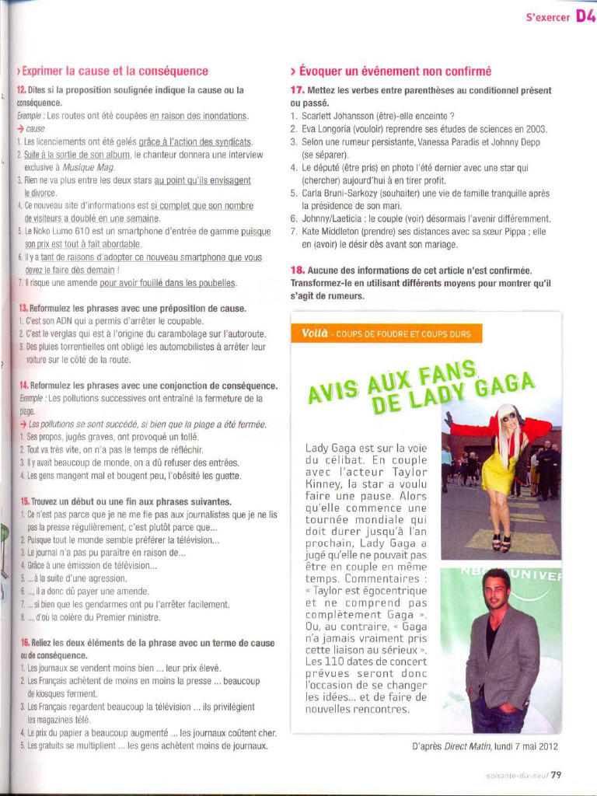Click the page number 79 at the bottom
(557, 773)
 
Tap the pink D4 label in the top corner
(585, 16)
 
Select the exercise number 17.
(297, 90)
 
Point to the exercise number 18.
(297, 270)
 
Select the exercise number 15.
(24, 502)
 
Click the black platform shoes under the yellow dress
(501, 543)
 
